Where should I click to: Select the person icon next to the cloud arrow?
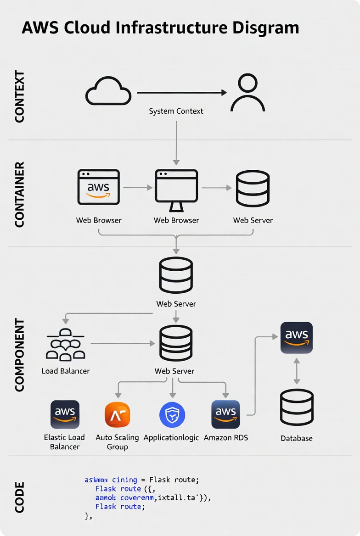[x=247, y=93]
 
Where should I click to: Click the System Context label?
[x=176, y=111]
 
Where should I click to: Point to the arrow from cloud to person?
[x=182, y=93]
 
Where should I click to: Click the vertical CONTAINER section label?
[x=19, y=195]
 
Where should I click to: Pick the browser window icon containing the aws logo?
[x=98, y=187]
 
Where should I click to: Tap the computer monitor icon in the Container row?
[x=176, y=188]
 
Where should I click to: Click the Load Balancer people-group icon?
[x=66, y=344]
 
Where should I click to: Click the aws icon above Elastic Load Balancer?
[x=65, y=414]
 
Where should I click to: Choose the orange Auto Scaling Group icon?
[x=118, y=414]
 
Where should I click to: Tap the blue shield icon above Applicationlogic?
[x=172, y=414]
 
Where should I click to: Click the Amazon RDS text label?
[x=226, y=438]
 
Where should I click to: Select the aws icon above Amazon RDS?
[x=225, y=414]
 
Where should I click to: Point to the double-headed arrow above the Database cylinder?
[x=297, y=371]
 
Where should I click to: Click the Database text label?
[x=297, y=438]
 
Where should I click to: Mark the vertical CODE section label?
[x=19, y=497]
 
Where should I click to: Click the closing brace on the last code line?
[x=87, y=516]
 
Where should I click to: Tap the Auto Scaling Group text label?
[x=117, y=442]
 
